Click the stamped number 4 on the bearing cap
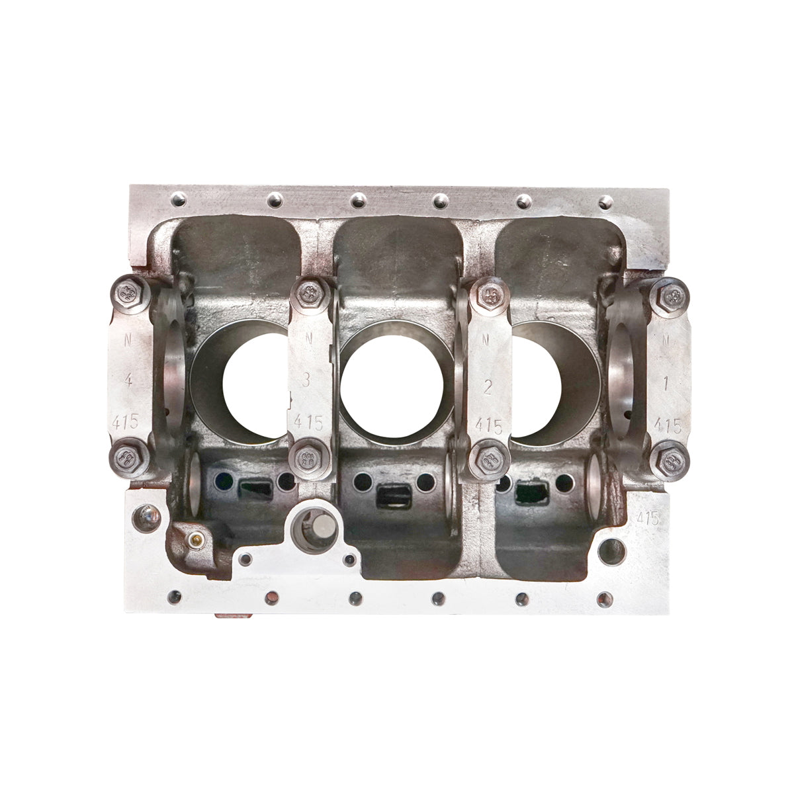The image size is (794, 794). pyautogui.click(x=126, y=380)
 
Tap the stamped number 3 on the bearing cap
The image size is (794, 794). pyautogui.click(x=306, y=380)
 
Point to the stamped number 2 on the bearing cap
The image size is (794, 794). pyautogui.click(x=488, y=388)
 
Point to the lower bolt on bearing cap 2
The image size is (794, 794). pyautogui.click(x=488, y=457)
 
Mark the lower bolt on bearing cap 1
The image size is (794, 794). pyautogui.click(x=670, y=458)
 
